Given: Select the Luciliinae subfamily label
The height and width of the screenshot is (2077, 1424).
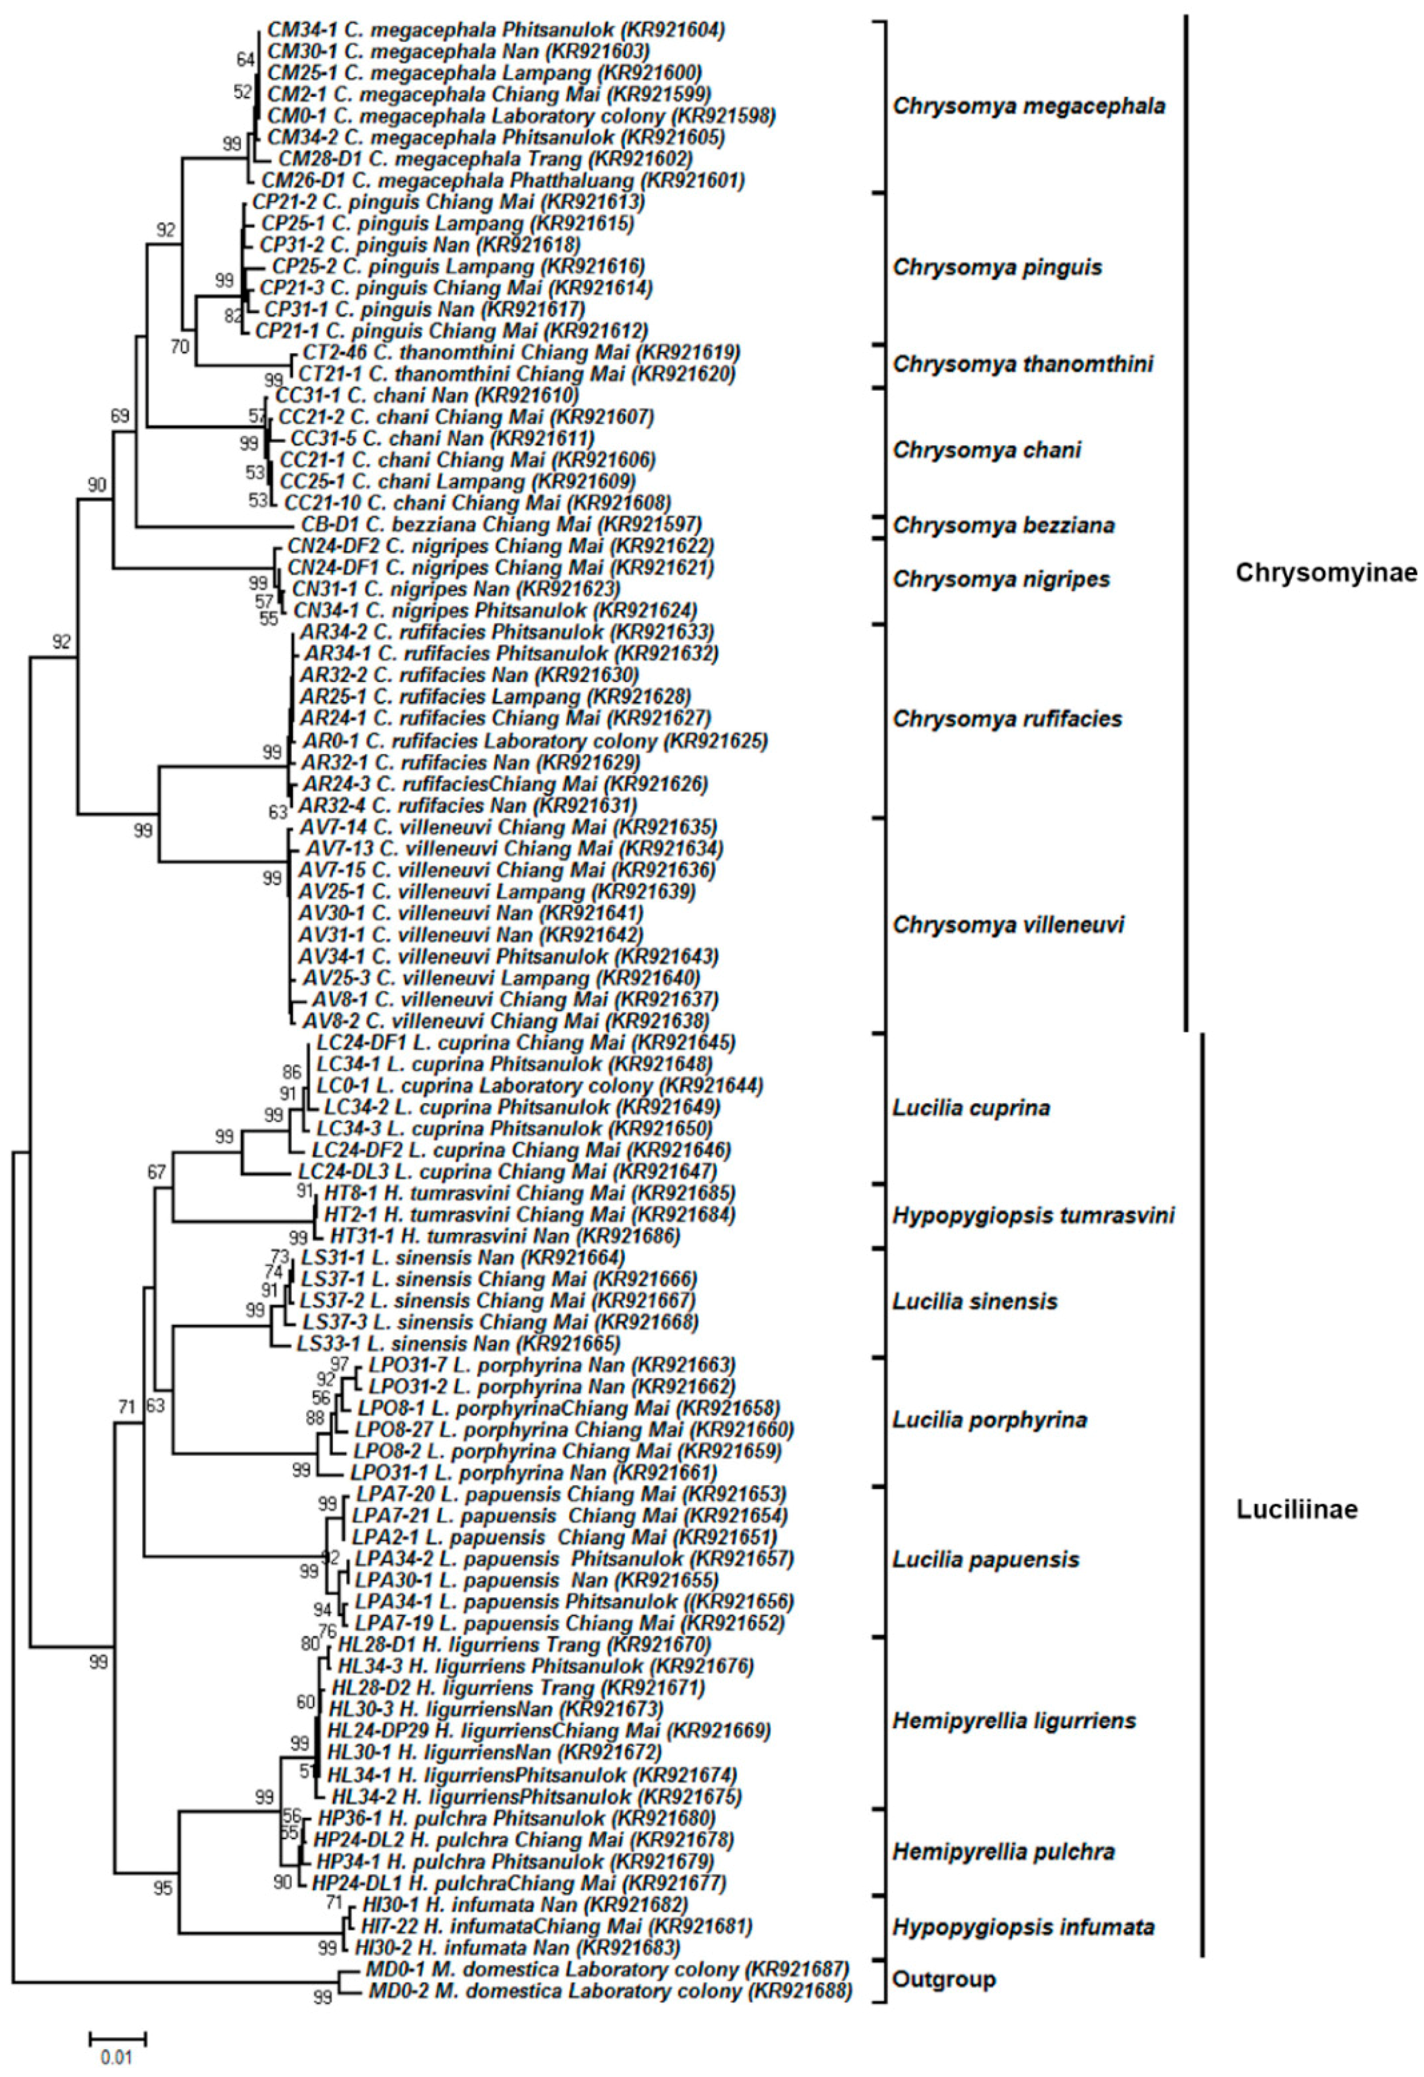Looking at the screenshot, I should coord(1297,1510).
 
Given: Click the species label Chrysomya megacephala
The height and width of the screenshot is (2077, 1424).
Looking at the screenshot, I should coord(1029,106).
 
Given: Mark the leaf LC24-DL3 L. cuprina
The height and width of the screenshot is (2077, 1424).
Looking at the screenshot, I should coord(507,1171).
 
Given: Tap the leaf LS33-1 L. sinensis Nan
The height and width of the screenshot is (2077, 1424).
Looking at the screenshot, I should coord(459,1343).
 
